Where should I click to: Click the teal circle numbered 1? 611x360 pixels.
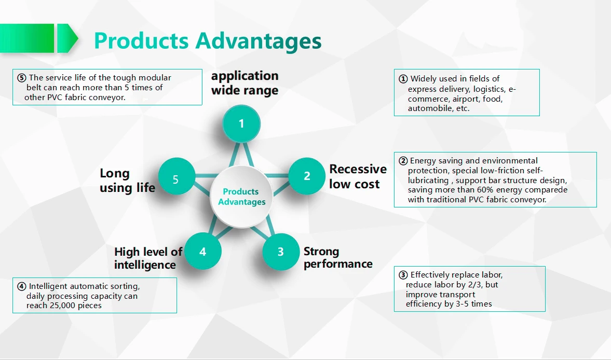pos(241,123)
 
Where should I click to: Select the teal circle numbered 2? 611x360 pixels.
pos(307,176)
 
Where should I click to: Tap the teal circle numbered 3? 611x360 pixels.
pos(280,252)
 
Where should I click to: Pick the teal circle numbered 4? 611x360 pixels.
pos(202,252)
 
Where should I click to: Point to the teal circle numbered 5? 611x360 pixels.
pos(176,179)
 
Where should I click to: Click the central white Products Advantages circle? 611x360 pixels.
pos(241,197)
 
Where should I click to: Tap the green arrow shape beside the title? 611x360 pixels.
pos(67,38)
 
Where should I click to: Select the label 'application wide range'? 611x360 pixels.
pos(245,83)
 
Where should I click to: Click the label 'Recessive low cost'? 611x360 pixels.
pos(358,176)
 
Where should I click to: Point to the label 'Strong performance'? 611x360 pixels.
pos(338,257)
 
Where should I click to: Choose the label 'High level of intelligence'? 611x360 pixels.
pos(148,258)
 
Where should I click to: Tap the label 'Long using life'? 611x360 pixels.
pos(127,181)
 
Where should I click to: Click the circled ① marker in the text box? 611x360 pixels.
pos(403,79)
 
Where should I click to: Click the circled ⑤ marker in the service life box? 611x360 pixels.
pos(21,78)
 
